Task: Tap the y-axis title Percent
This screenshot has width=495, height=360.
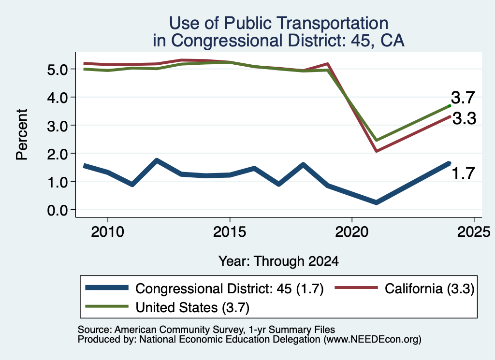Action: [x=22, y=135]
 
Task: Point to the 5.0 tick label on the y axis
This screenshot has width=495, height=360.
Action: [x=58, y=70]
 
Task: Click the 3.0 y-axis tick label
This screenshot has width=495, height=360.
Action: [x=58, y=126]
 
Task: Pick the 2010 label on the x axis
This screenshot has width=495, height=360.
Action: [x=108, y=232]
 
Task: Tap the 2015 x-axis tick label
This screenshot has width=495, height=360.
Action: [x=230, y=232]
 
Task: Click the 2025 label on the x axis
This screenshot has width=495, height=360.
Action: [x=474, y=232]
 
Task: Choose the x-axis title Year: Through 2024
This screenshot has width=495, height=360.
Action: [x=278, y=261]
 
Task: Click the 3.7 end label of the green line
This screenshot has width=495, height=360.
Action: [x=463, y=98]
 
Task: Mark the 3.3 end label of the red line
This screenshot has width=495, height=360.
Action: [x=464, y=119]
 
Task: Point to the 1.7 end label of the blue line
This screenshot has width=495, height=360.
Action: [x=463, y=173]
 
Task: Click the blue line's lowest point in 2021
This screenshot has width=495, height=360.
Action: [x=376, y=202]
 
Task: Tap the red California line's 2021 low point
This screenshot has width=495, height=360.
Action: [x=376, y=151]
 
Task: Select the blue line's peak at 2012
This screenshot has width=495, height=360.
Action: [x=157, y=160]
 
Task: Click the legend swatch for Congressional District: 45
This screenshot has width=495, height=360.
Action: [x=107, y=288]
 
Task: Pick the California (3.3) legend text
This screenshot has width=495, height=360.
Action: [x=429, y=288]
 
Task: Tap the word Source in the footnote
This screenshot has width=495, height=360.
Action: [x=93, y=330]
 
